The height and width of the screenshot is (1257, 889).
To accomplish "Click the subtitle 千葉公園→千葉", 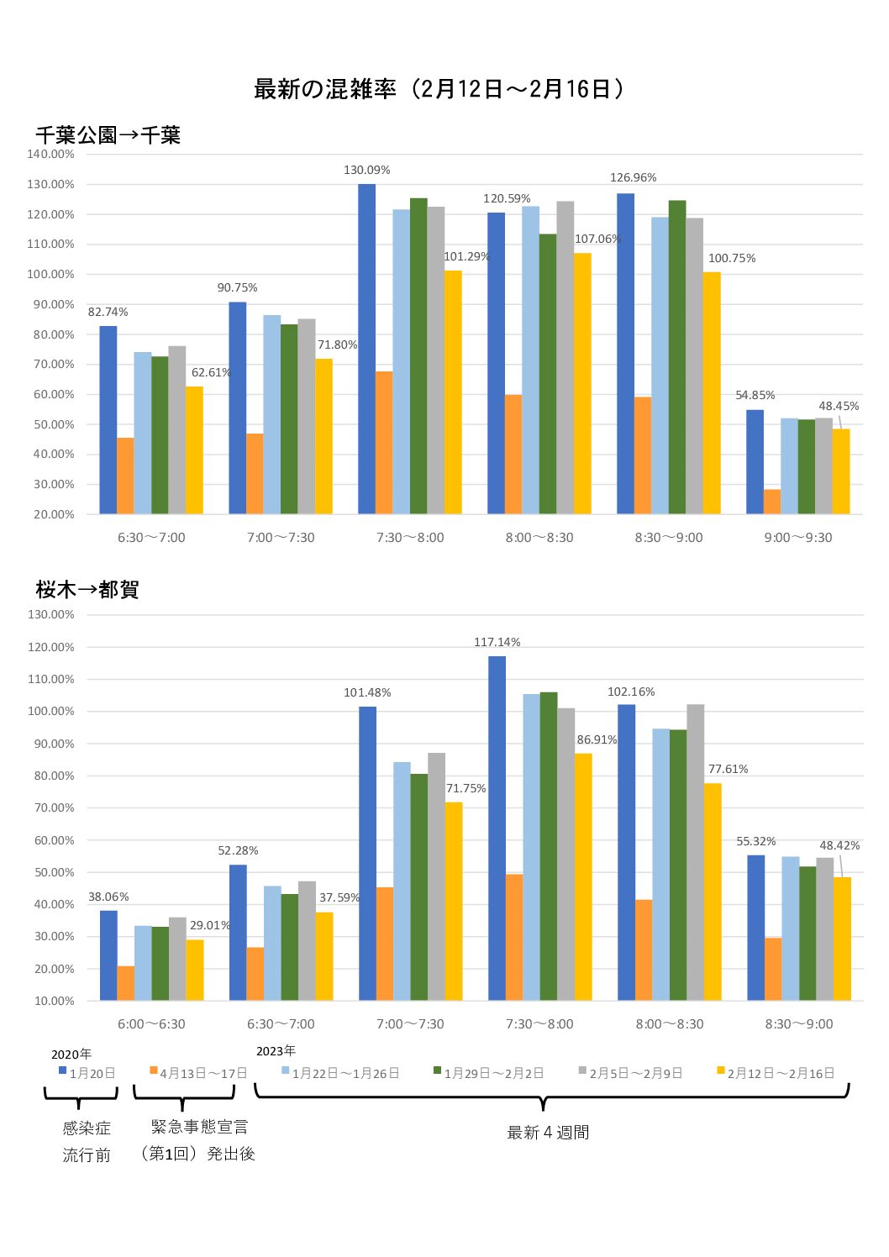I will [x=108, y=135].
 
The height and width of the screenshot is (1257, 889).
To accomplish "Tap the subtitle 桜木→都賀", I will [x=87, y=590].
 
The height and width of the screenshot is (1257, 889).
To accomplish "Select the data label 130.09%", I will [x=366, y=170].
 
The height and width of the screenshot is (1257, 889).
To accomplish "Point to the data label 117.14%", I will [x=497, y=642].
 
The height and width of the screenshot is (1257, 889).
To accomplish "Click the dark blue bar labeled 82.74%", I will [x=108, y=420].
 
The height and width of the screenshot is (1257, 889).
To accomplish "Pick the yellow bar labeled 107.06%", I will [x=582, y=383].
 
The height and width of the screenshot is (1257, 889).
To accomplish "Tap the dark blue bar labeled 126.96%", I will [x=625, y=354].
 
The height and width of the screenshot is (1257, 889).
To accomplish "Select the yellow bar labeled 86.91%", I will [x=583, y=876].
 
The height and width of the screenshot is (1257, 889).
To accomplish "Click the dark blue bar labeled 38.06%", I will [x=108, y=955].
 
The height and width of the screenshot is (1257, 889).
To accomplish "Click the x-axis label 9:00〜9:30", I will [x=797, y=538].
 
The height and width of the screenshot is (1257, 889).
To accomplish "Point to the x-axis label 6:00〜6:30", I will [x=151, y=1024].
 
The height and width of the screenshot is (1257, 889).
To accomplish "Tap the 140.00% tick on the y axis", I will [x=50, y=155].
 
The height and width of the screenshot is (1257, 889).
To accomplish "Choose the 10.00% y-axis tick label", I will [x=54, y=1001].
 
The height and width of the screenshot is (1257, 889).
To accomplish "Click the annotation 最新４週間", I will [x=548, y=1133].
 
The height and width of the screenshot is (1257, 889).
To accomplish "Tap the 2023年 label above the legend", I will [x=276, y=1051].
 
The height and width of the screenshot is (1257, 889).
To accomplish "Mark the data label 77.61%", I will [x=728, y=769].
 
